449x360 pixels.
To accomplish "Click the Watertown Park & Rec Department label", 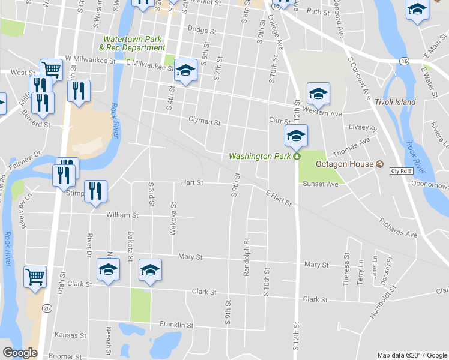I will click(x=132, y=43).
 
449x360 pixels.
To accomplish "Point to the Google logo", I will click(x=20, y=353).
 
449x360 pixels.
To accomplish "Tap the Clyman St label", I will click(x=205, y=121).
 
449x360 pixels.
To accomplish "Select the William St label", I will click(x=122, y=214).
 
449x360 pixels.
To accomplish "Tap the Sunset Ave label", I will click(x=321, y=184).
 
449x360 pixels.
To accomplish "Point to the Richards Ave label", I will click(x=397, y=227).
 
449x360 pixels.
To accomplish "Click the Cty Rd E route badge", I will click(x=402, y=171).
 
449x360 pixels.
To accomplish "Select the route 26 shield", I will click(x=46, y=308).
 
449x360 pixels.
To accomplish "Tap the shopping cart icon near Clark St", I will click(x=35, y=277).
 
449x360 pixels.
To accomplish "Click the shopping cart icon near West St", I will click(x=52, y=70).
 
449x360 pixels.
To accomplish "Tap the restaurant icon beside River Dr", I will click(x=95, y=191).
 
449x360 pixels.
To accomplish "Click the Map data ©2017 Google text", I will click(x=411, y=355).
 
